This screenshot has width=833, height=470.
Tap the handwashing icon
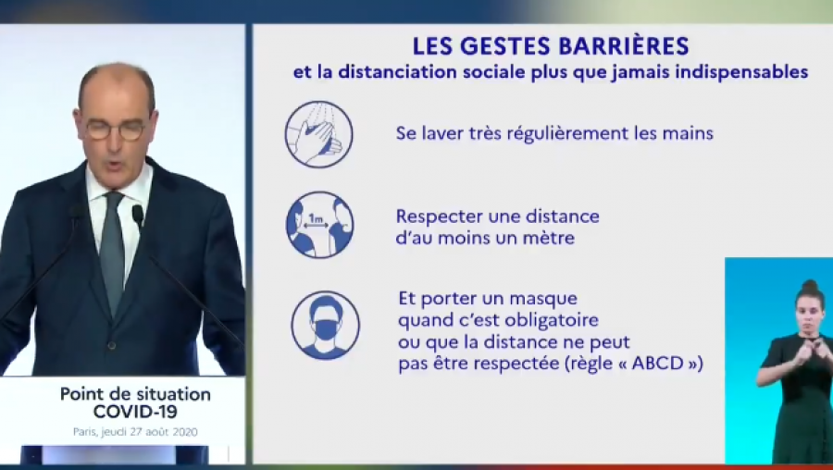318,134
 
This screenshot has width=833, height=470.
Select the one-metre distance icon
319,225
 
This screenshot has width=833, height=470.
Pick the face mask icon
325,325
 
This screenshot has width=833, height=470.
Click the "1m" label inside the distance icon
316,218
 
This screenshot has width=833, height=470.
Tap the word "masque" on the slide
543,300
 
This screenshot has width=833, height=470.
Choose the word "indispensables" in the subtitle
741,72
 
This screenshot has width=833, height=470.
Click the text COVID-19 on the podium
135,411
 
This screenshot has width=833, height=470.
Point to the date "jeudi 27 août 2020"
149,432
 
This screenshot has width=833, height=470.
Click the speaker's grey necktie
112,251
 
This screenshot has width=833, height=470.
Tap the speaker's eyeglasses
116,129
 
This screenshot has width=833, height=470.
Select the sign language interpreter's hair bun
810,285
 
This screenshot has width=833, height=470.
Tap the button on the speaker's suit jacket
112,346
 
